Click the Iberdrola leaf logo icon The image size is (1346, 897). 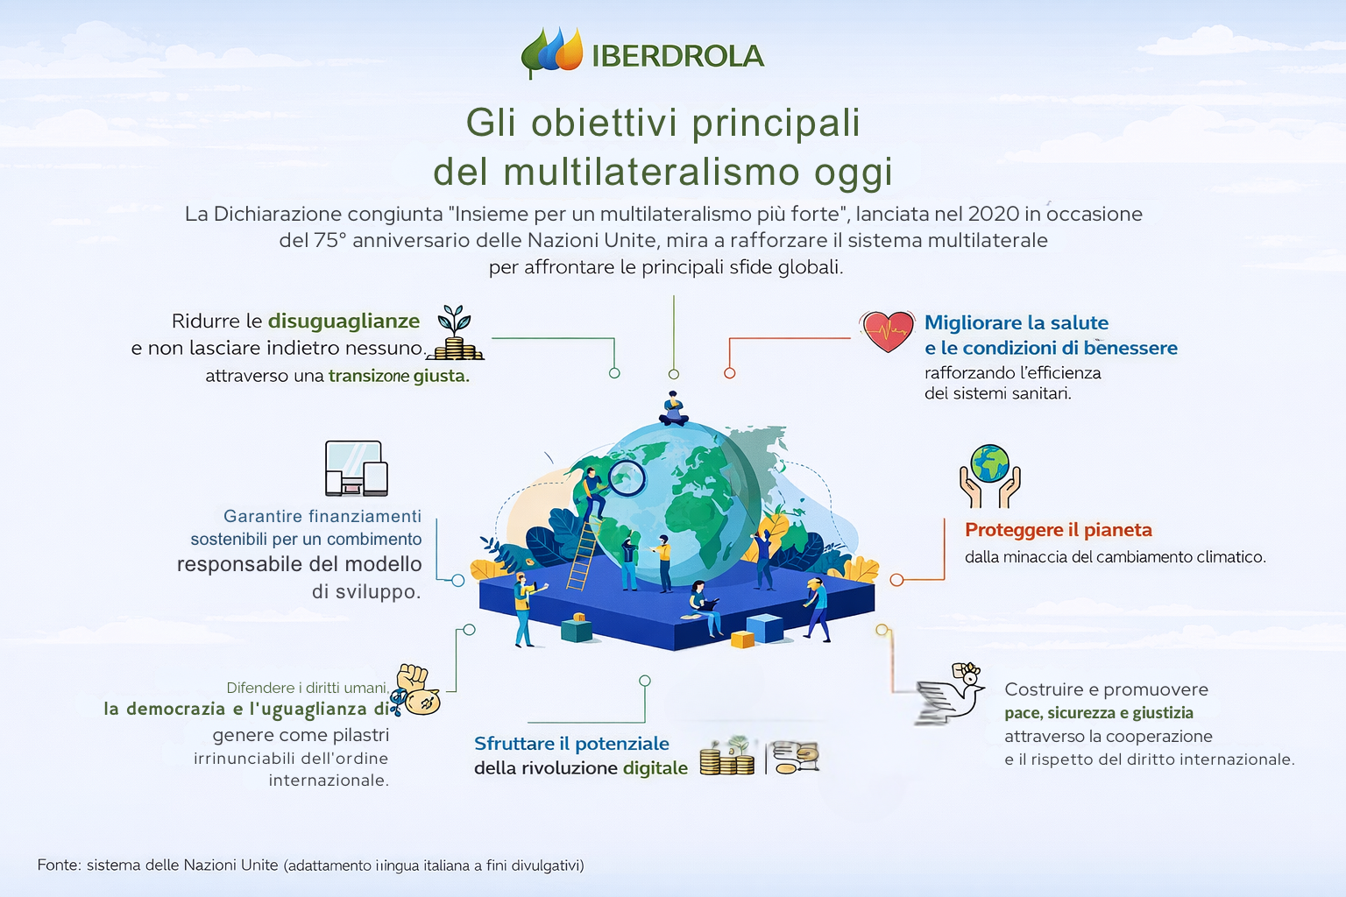tap(552, 53)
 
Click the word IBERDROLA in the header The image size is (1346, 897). tap(677, 56)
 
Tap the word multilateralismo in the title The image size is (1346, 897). tap(652, 172)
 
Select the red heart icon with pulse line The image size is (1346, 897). tap(887, 331)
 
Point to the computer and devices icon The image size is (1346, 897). tap(357, 468)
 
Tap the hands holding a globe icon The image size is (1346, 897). tap(989, 476)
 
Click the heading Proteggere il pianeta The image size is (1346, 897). tap(1059, 530)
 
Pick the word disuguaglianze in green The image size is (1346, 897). tap(344, 321)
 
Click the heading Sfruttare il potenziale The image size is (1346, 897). tap(571, 744)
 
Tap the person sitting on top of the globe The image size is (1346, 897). tap(674, 408)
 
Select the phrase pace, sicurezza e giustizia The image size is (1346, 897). tap(1099, 713)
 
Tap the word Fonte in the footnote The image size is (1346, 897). tap(59, 865)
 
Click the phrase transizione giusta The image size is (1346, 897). tap(399, 376)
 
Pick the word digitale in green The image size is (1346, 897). tap(655, 768)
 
